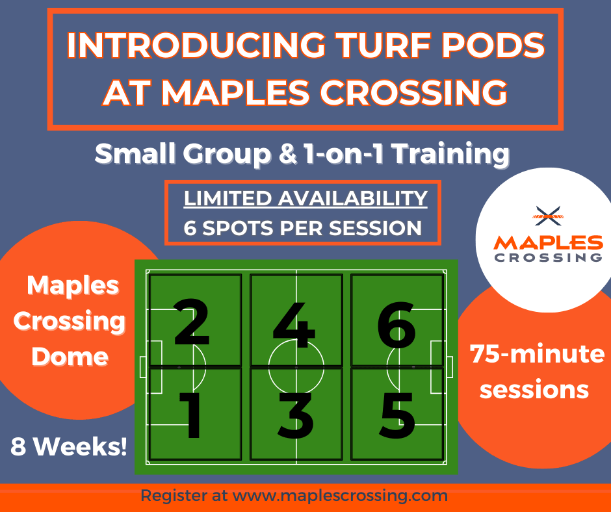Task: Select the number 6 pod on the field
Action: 396,323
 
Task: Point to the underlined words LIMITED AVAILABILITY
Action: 305,198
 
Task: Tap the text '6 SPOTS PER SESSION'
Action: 302,228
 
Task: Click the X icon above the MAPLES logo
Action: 547,212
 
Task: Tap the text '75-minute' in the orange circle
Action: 537,355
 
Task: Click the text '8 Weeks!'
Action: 68,446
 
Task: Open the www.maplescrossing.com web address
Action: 340,496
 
